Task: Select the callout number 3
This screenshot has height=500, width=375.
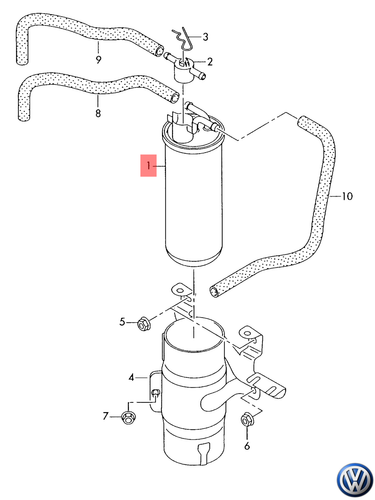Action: click(x=205, y=37)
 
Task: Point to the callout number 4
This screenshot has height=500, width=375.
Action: click(x=130, y=378)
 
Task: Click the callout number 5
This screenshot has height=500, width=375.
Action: click(x=123, y=322)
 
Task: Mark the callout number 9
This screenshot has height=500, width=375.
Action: click(x=98, y=59)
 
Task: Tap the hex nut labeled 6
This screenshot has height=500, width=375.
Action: click(x=246, y=421)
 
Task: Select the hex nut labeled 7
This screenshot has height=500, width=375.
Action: click(x=129, y=415)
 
